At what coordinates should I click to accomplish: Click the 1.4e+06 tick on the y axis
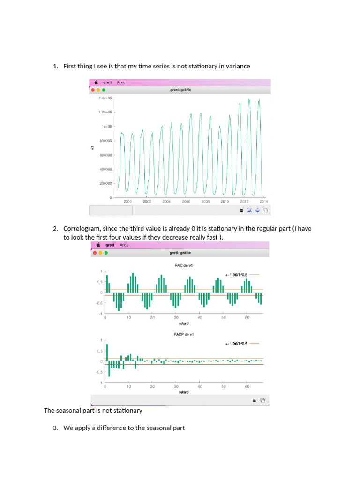point(105,98)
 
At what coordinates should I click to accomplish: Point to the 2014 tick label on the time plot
point(263,201)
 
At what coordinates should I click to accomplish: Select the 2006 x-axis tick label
point(186,201)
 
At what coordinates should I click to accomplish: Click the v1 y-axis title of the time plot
point(93,148)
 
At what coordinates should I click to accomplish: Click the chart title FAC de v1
point(184,266)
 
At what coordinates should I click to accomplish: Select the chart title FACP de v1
point(184,334)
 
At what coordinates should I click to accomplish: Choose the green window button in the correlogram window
point(106,253)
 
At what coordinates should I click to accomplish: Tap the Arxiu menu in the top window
point(121,82)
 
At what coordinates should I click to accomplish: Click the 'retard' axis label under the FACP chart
point(184,392)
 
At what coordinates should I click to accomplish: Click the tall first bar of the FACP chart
point(107,352)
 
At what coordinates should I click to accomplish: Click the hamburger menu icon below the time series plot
point(241,210)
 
